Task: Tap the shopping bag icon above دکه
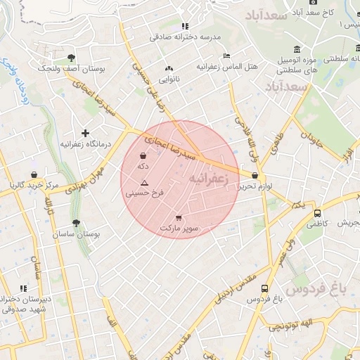[143, 156]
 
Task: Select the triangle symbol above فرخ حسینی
[145, 182]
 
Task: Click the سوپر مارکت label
[179, 229]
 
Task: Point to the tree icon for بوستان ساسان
[76, 222]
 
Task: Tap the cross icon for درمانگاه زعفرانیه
[86, 133]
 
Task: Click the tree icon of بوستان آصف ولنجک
[71, 58]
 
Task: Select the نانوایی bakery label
[168, 79]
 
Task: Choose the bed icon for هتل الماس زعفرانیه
[226, 56]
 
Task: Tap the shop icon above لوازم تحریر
[255, 176]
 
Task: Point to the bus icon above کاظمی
[317, 213]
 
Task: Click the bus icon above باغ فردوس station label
[264, 288]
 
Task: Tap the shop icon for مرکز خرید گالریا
[33, 174]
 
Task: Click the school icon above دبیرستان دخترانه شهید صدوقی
[23, 288]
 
